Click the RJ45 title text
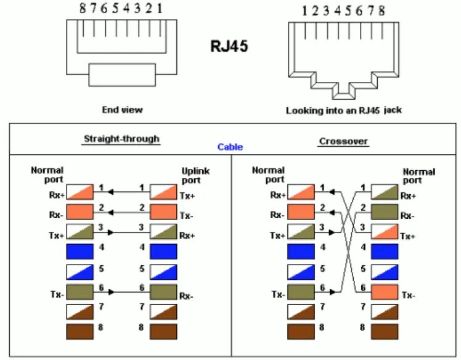point(230,46)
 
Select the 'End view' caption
point(122,110)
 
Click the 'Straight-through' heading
point(121,139)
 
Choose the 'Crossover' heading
point(343,141)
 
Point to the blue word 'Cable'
point(230,147)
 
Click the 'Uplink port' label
point(195,175)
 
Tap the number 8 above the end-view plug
point(83,9)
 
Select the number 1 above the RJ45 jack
point(304,10)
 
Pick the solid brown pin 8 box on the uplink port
point(164,330)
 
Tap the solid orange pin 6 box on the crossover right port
point(385,292)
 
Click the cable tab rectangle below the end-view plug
point(122,75)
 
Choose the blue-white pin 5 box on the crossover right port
point(385,271)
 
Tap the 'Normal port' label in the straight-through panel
point(47,174)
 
